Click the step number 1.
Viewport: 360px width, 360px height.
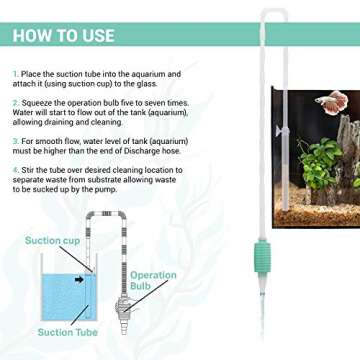(x=14, y=74)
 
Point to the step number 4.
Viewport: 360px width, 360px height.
(x=14, y=171)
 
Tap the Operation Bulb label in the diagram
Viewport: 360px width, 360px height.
(x=152, y=281)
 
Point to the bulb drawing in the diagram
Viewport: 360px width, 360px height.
(x=122, y=291)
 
